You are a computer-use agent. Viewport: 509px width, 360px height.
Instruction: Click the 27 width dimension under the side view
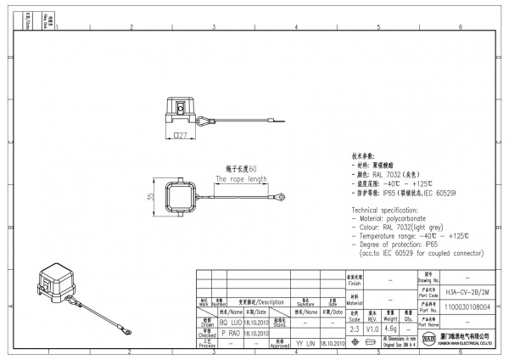(x=180, y=135)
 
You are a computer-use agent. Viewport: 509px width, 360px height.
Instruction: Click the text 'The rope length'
(x=241, y=179)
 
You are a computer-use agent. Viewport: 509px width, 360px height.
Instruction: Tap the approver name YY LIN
(x=305, y=344)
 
